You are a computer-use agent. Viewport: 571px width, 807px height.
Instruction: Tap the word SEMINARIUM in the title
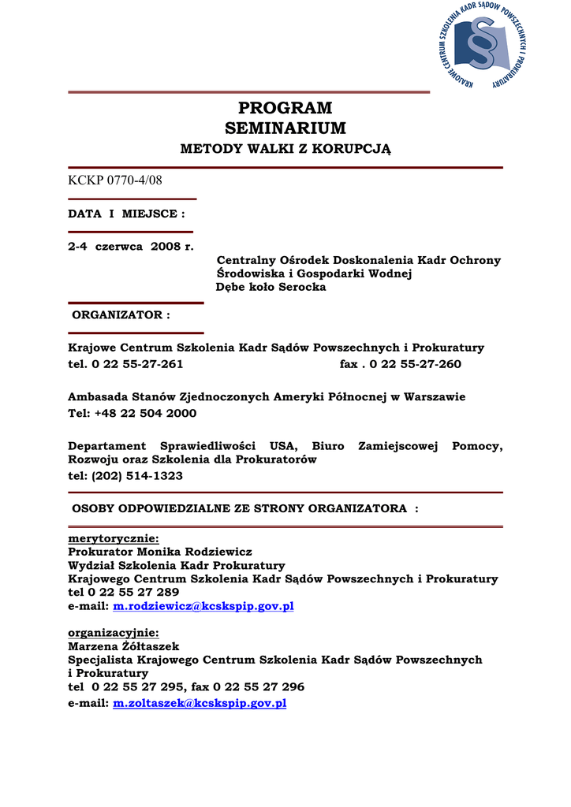point(285,128)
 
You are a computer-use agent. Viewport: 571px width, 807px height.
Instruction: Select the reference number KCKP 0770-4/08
point(115,180)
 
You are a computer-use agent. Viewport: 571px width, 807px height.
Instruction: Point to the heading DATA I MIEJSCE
point(127,214)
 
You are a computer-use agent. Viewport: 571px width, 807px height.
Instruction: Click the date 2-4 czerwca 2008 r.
point(130,247)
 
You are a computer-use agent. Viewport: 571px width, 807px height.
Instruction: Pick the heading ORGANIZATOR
point(121,315)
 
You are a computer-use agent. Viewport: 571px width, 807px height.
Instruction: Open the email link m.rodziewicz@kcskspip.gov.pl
point(203,606)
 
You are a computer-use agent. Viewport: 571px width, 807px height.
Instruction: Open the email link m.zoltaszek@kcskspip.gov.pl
point(200,703)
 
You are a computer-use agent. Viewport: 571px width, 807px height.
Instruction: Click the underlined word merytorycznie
point(114,539)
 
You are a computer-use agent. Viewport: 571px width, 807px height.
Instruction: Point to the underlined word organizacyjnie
point(114,633)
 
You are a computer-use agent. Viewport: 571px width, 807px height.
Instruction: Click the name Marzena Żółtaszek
point(124,646)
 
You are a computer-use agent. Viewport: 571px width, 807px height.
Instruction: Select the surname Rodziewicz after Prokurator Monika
point(218,552)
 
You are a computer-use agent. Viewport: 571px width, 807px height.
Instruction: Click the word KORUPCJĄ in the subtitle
point(352,148)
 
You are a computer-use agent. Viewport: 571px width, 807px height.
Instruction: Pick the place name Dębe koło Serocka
point(271,288)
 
